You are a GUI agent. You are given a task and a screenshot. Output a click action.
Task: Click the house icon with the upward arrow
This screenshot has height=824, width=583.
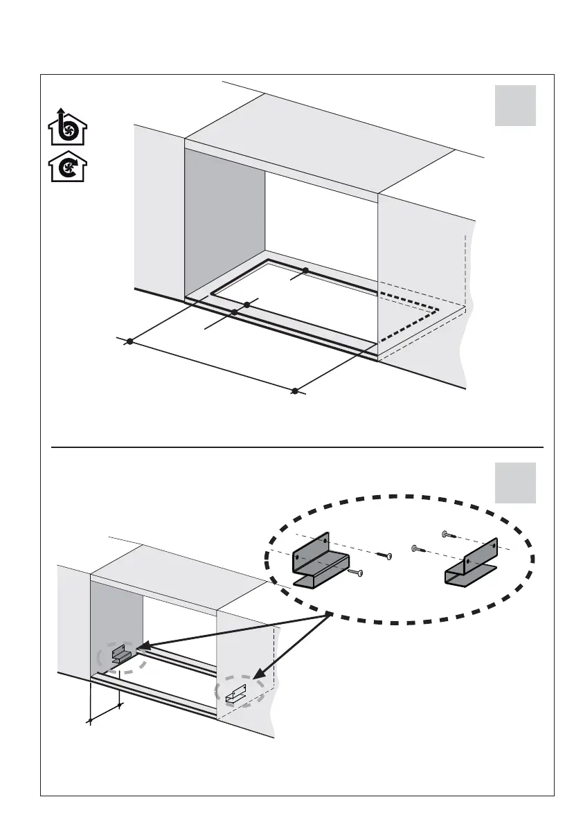pyautogui.click(x=68, y=126)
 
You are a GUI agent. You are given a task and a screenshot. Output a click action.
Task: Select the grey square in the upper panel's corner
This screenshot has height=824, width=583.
pyautogui.click(x=515, y=105)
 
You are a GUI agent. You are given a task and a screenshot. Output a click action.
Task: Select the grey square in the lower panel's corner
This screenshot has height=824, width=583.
pyautogui.click(x=515, y=483)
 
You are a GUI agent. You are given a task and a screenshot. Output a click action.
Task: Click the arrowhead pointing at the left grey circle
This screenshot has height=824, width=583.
pyautogui.click(x=143, y=648)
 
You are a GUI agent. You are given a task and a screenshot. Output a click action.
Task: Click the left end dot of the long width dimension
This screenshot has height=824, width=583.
pyautogui.click(x=129, y=341)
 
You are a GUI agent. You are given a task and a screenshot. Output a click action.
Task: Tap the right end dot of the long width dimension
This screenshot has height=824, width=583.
pyautogui.click(x=294, y=391)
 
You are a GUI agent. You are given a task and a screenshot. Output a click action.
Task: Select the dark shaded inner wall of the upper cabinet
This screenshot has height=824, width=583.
pyautogui.click(x=225, y=222)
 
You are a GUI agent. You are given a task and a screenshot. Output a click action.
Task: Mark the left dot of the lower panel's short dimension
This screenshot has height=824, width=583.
pyautogui.click(x=90, y=722)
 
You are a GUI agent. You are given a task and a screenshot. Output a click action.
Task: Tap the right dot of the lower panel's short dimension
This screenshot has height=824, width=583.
pyautogui.click(x=120, y=706)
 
